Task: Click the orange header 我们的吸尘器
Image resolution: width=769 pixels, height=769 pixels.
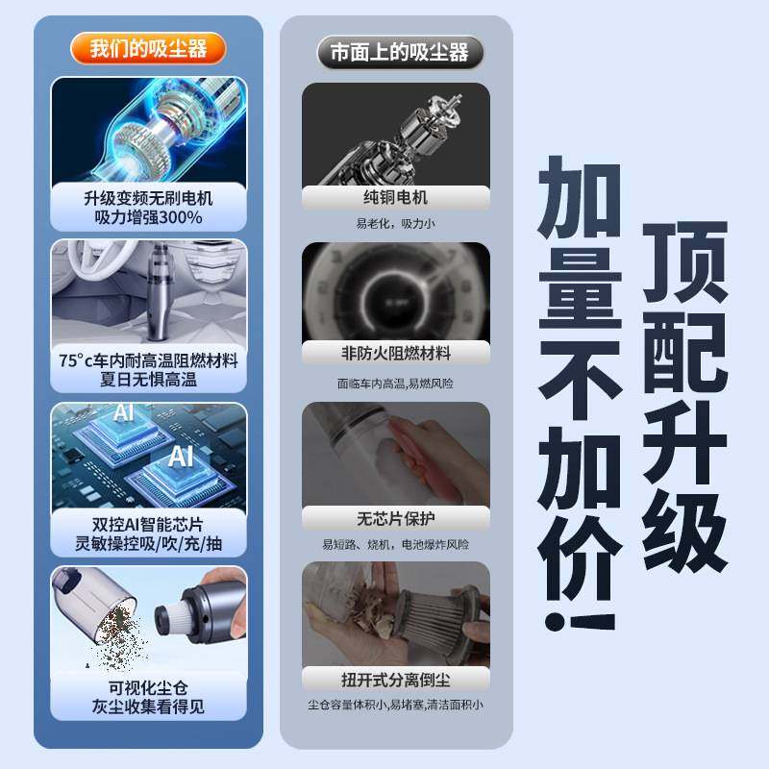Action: point(149,48)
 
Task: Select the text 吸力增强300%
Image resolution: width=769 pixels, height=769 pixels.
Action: point(148,218)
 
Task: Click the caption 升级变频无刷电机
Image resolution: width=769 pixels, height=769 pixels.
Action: point(148,198)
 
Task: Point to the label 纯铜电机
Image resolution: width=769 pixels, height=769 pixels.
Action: point(396,198)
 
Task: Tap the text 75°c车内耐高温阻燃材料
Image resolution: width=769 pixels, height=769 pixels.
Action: point(148,360)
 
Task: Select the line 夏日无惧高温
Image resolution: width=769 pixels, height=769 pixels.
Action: point(148,381)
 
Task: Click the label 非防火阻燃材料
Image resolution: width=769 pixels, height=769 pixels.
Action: point(396,354)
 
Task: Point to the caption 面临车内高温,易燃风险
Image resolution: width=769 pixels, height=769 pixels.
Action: point(396,383)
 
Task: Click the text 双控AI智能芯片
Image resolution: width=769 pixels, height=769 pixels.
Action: point(148,525)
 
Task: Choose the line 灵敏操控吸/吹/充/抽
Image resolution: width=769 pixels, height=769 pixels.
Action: point(148,545)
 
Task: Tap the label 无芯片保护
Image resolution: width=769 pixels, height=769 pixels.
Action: point(396,518)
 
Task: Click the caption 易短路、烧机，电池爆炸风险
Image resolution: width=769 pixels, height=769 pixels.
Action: point(396,545)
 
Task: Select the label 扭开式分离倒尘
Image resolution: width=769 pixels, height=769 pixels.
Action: point(396,680)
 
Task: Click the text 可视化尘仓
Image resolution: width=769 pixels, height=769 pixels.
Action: point(148,688)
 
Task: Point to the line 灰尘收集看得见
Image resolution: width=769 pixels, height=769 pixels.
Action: point(148,708)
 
